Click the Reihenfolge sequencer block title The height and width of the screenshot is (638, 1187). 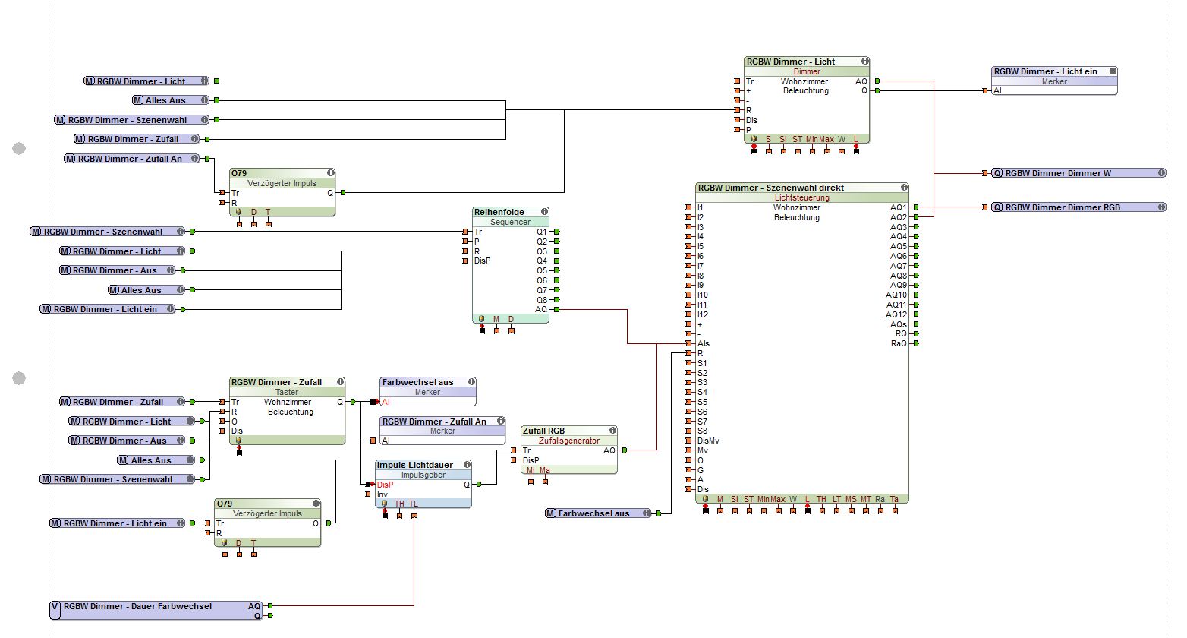499,212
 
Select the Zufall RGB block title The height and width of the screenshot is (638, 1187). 543,431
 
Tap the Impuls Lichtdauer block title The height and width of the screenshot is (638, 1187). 414,465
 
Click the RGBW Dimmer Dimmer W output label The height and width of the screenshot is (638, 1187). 1058,173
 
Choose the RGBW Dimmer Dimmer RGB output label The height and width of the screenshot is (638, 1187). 1063,207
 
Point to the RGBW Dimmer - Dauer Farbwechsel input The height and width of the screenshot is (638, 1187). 137,607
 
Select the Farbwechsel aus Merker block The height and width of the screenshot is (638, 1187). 427,387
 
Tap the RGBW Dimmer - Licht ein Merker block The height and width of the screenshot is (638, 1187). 1053,77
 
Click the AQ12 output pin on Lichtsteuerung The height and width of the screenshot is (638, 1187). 917,314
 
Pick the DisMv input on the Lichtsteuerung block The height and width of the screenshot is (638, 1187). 708,441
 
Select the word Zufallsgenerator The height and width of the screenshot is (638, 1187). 568,441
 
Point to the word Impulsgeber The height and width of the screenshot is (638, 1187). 423,475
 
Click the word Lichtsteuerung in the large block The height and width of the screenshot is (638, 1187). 801,197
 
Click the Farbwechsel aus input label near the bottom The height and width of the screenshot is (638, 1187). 593,513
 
